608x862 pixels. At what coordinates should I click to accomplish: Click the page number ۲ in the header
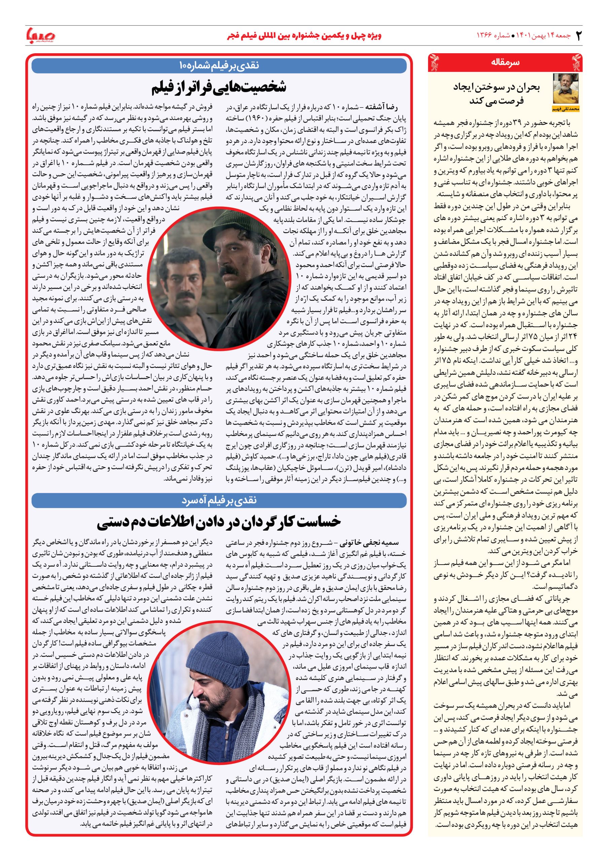click(578, 36)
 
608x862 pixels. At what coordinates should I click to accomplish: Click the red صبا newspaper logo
click(40, 36)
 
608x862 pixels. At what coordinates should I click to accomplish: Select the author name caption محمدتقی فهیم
click(566, 109)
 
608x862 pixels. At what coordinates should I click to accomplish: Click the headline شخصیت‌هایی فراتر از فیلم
click(219, 88)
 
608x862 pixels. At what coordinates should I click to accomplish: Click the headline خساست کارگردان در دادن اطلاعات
click(219, 522)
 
